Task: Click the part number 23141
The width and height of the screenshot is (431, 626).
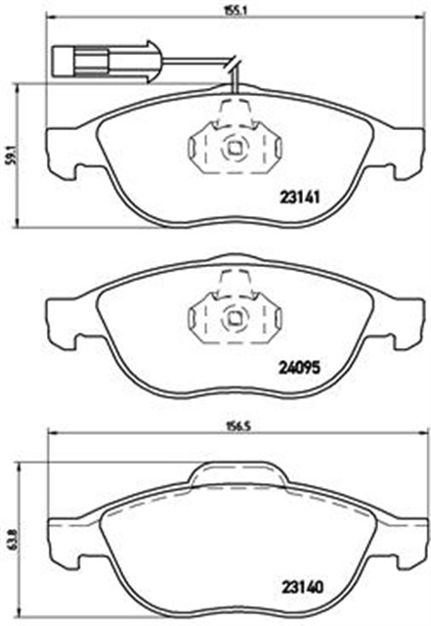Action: tap(300, 197)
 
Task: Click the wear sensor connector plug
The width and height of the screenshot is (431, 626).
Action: tap(106, 62)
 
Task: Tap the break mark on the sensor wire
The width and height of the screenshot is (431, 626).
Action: tap(234, 65)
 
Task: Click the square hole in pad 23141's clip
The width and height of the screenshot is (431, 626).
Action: tap(233, 148)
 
